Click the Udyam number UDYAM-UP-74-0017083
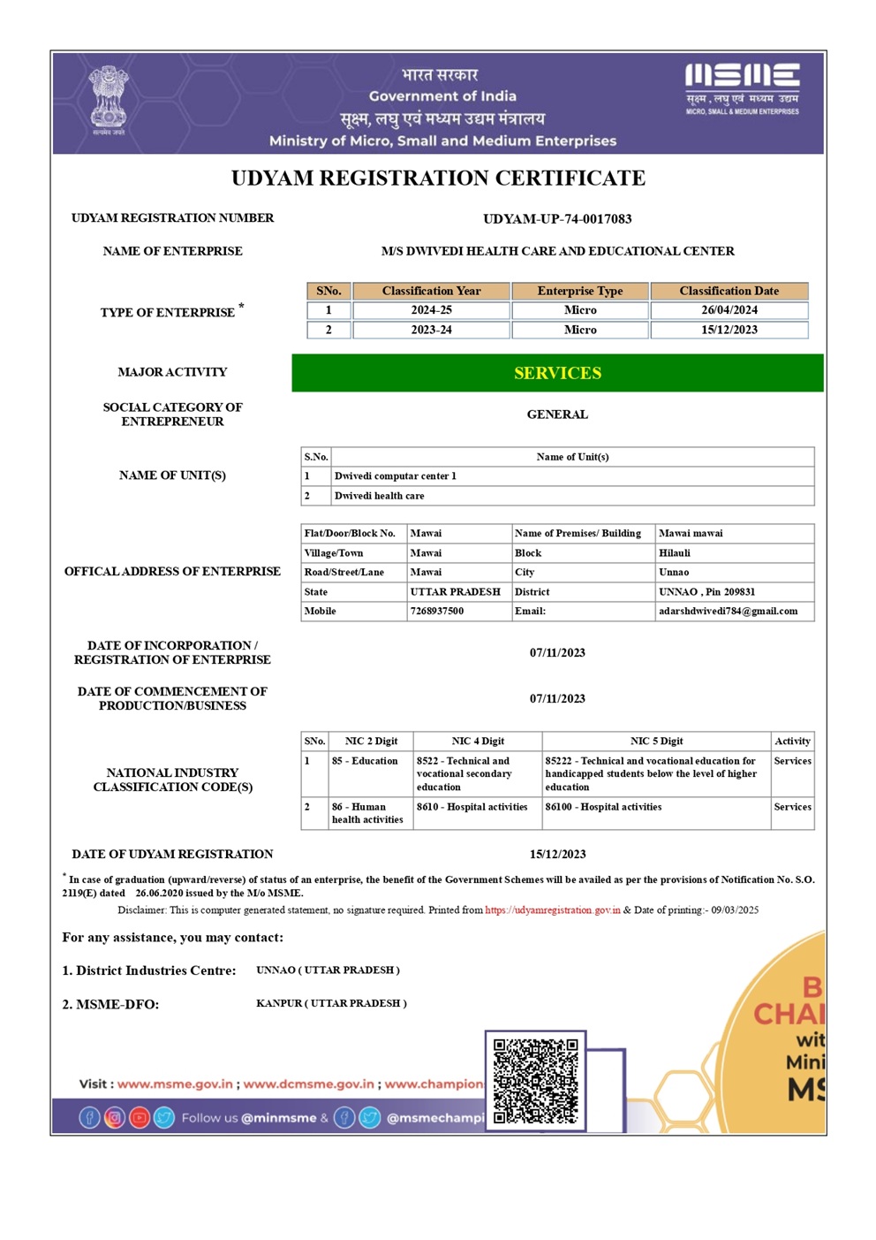[x=557, y=219]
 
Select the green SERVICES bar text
[x=557, y=373]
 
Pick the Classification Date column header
[x=729, y=291]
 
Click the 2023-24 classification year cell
[x=431, y=330]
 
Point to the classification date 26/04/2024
[x=729, y=310]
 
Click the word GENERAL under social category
[x=557, y=415]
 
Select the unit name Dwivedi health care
[x=379, y=496]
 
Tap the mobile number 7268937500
[x=436, y=611]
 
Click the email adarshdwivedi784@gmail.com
[x=728, y=611]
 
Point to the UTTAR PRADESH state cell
[x=455, y=591]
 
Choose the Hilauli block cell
[x=675, y=552]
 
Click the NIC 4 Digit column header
[x=478, y=741]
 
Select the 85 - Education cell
[x=365, y=761]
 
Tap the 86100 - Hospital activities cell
[x=603, y=807]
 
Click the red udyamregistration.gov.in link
[x=553, y=909]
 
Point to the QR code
[x=535, y=1080]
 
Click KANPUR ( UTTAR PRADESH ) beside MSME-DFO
[x=331, y=1003]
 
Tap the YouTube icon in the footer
[x=140, y=1118]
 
